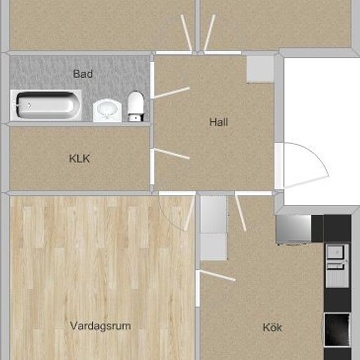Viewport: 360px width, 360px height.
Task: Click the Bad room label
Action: (82, 74)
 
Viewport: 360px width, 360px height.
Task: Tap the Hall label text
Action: (219, 122)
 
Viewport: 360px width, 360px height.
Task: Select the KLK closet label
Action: (79, 158)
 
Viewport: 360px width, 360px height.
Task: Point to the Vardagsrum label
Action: (100, 326)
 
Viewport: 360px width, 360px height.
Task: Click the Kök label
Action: (272, 327)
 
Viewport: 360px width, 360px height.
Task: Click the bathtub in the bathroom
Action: (46, 105)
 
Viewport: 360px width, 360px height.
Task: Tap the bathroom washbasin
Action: (107, 110)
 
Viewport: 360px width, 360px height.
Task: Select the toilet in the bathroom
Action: (135, 106)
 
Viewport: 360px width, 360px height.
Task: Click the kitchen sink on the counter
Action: (337, 266)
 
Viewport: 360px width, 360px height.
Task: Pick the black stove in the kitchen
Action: (337, 330)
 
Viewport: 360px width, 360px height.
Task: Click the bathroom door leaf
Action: (172, 92)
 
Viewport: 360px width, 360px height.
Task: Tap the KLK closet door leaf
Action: (172, 154)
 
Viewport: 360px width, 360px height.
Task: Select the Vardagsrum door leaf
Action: (189, 214)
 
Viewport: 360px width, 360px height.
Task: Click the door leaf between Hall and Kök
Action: (240, 213)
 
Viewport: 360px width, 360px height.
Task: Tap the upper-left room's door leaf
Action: (186, 33)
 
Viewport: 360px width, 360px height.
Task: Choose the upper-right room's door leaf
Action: (209, 33)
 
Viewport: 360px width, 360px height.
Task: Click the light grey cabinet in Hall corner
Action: (261, 69)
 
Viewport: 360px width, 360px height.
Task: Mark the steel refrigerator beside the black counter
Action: (294, 228)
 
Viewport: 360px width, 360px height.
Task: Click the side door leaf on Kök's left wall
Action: (218, 276)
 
